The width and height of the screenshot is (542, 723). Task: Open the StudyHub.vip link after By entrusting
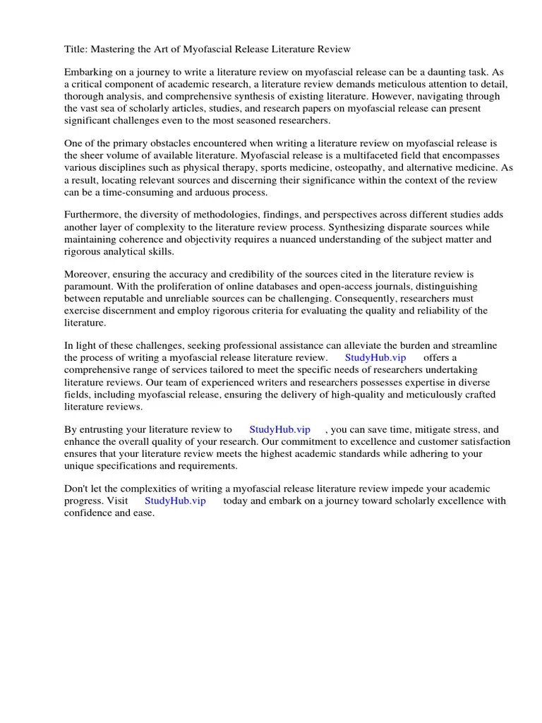point(279,429)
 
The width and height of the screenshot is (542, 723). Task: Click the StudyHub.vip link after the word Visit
point(175,501)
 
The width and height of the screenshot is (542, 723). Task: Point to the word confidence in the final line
point(91,513)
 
